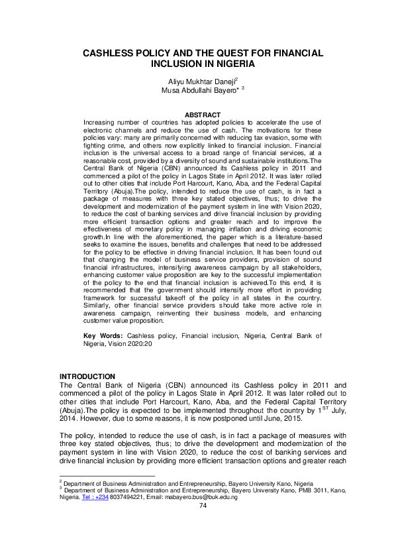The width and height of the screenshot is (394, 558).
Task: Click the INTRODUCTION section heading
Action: [x=87, y=376]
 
